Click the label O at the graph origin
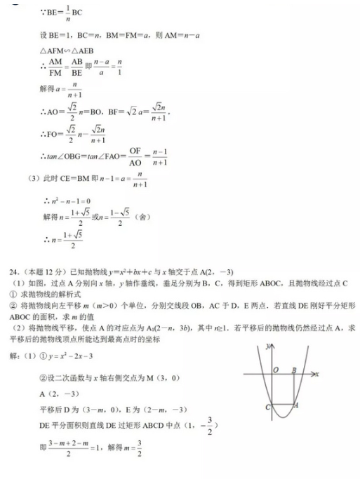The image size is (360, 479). [276, 370]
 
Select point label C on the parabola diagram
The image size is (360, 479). [269, 407]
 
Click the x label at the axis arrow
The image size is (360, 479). [317, 375]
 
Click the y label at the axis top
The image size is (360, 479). [267, 346]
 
